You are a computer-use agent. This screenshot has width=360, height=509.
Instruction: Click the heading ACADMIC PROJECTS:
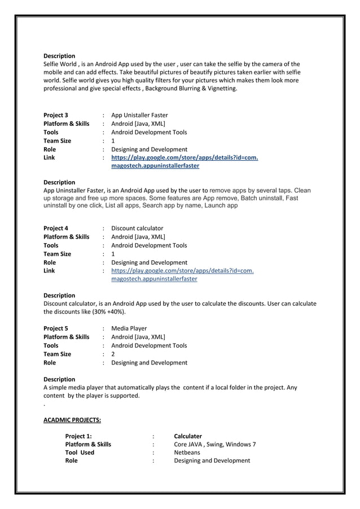click(x=72, y=420)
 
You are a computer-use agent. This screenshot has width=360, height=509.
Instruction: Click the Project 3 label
click(x=56, y=115)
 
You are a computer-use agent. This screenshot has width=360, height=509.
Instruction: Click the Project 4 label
click(x=56, y=229)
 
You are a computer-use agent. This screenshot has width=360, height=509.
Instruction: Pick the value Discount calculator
click(x=137, y=229)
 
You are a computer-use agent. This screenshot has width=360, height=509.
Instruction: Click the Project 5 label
click(x=56, y=328)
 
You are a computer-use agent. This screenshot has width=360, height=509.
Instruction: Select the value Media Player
click(x=129, y=328)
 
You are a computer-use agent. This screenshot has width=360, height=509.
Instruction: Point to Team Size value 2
click(x=113, y=354)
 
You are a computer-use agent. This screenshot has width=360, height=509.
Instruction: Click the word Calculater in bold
click(x=187, y=436)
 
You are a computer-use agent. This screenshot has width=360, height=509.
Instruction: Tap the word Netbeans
click(x=187, y=453)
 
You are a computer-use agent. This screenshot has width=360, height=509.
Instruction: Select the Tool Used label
click(x=80, y=453)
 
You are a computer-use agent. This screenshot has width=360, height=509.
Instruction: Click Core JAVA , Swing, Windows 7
click(x=214, y=444)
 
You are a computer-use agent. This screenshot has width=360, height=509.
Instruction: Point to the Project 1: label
click(x=78, y=436)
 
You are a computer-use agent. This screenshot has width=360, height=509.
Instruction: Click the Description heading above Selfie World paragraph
click(x=59, y=56)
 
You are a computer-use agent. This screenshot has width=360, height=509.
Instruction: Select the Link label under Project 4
click(x=49, y=271)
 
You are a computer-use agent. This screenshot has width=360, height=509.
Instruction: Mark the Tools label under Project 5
click(x=51, y=345)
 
